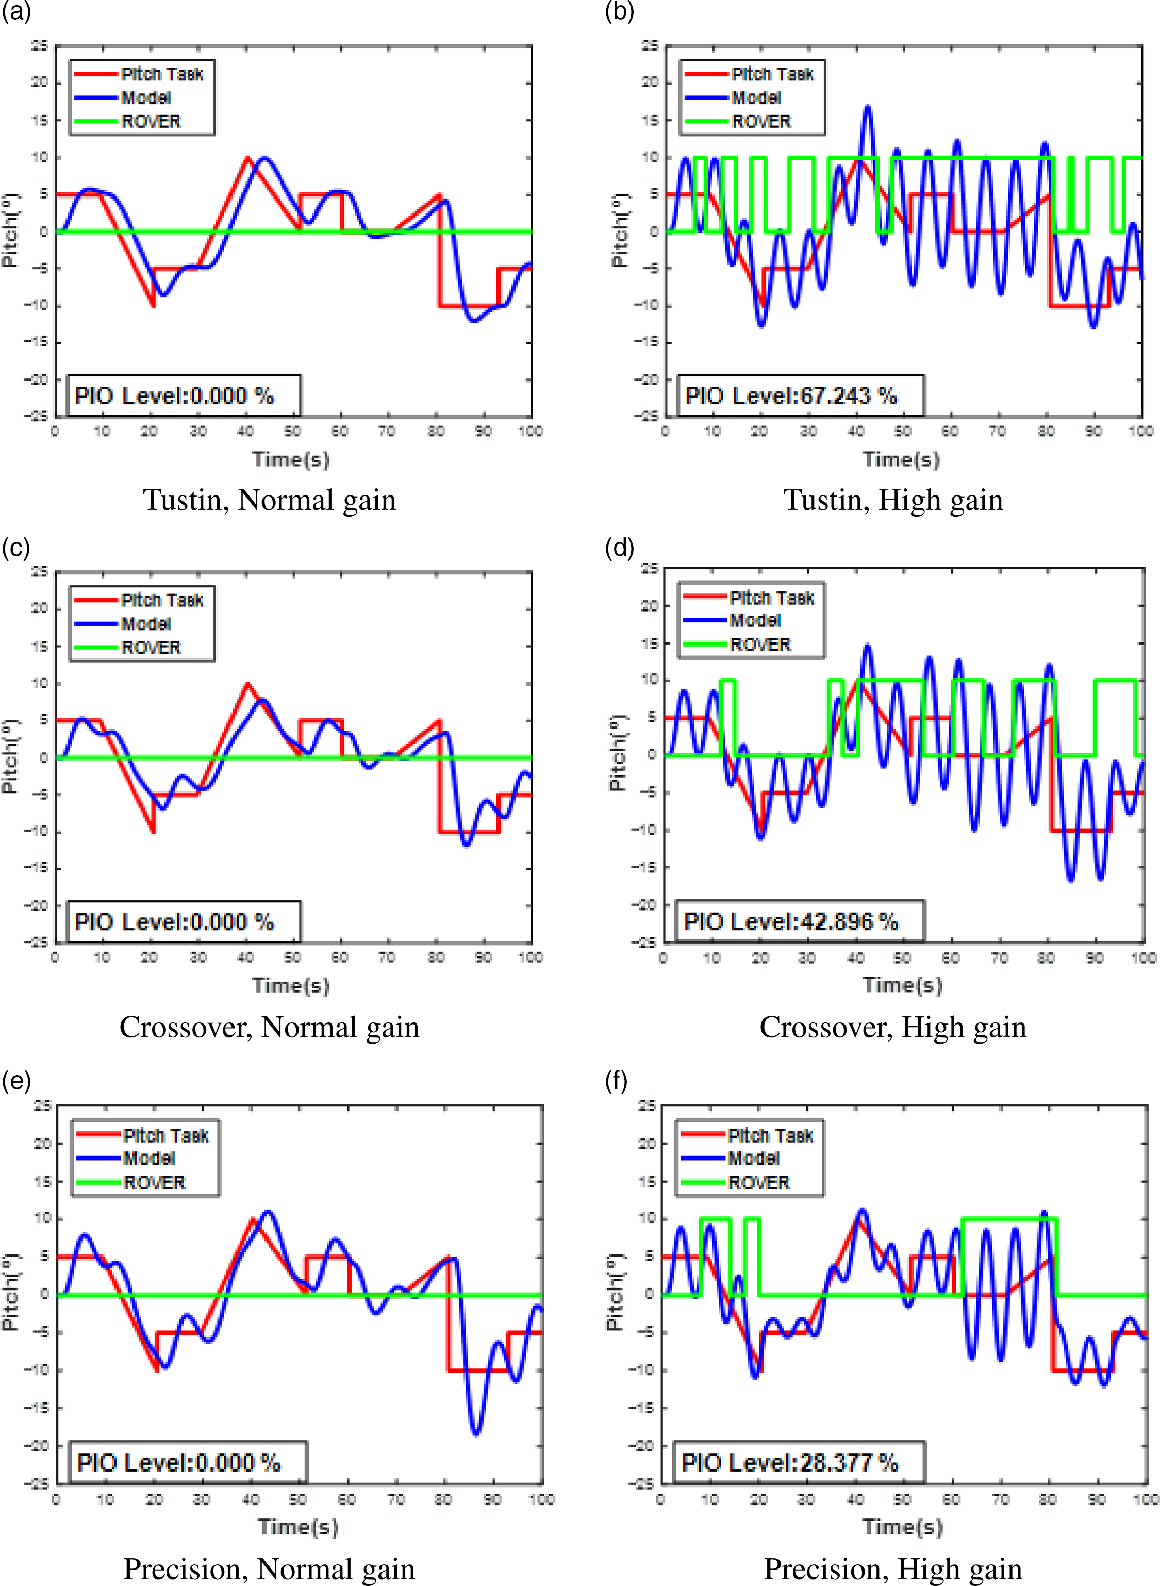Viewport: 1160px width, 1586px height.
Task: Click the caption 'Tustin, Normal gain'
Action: (270, 500)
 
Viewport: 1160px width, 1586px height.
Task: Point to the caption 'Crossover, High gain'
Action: (892, 1027)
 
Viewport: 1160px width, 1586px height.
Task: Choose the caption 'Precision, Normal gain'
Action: (270, 1568)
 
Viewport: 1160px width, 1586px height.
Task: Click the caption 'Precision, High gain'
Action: (892, 1568)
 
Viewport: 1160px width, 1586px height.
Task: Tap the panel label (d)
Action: (619, 547)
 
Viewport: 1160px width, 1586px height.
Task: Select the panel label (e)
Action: (16, 1081)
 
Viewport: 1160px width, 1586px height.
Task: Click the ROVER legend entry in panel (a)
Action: (150, 122)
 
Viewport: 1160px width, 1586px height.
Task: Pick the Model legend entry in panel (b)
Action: (755, 97)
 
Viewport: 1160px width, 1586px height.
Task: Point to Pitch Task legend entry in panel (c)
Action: (161, 600)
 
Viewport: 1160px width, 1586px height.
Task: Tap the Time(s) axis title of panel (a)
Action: (291, 459)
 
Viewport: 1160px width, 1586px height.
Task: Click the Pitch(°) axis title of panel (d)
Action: (617, 753)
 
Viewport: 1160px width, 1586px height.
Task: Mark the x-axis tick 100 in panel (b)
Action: (1140, 431)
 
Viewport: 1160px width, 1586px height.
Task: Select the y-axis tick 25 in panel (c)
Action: (40, 572)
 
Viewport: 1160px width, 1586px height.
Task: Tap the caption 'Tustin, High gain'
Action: (892, 500)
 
